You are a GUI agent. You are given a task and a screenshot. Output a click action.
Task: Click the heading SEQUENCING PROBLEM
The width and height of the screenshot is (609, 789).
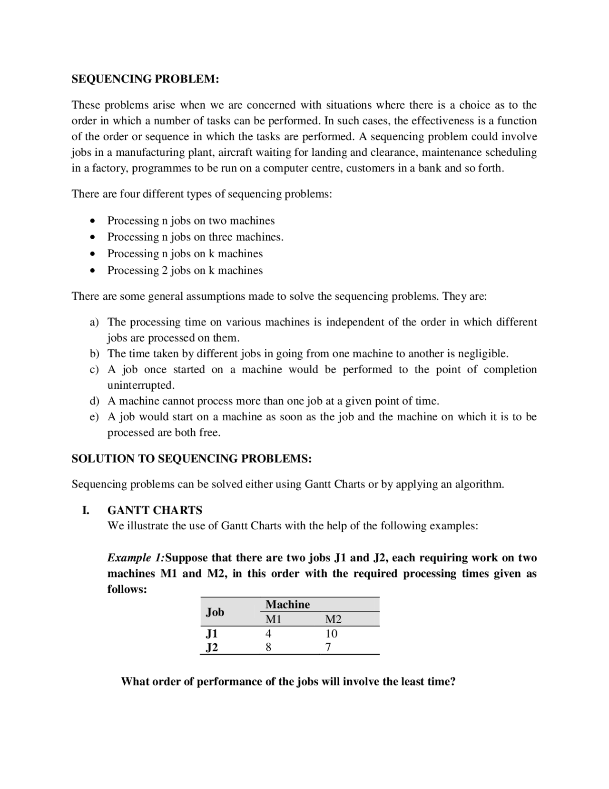pyautogui.click(x=145, y=79)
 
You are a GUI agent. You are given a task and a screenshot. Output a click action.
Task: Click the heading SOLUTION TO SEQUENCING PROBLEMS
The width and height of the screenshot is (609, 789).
pyautogui.click(x=191, y=459)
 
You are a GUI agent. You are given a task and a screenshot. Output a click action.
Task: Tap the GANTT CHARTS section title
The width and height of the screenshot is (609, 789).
pyautogui.click(x=155, y=510)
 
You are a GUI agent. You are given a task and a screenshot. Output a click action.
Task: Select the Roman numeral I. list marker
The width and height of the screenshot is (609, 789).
pyautogui.click(x=86, y=510)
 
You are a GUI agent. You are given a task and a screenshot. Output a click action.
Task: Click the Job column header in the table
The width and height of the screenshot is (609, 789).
pyautogui.click(x=215, y=612)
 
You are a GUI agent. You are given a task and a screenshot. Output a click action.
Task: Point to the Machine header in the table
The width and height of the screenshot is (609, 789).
pyautogui.click(x=287, y=605)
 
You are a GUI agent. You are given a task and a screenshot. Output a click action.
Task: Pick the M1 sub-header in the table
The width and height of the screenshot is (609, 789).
pyautogui.click(x=274, y=619)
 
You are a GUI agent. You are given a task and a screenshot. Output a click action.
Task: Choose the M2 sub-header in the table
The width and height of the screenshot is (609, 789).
pyautogui.click(x=333, y=619)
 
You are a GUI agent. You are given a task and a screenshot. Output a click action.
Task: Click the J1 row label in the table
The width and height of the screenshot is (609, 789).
pyautogui.click(x=212, y=634)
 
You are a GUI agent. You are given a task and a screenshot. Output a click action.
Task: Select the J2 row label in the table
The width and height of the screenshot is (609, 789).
pyautogui.click(x=212, y=647)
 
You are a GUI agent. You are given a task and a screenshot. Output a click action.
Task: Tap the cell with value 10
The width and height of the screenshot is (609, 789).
pyautogui.click(x=332, y=634)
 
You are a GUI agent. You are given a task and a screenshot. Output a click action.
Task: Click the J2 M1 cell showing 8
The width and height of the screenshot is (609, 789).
pyautogui.click(x=268, y=647)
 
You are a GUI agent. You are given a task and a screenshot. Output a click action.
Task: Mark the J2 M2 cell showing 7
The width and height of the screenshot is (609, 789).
pyautogui.click(x=328, y=647)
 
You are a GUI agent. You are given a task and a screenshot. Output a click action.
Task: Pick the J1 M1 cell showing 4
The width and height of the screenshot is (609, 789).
pyautogui.click(x=268, y=634)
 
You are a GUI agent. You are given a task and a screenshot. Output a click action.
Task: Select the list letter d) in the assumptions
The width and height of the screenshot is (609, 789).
pyautogui.click(x=95, y=401)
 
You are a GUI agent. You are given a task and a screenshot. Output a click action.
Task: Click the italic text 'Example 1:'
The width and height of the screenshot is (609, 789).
pyautogui.click(x=136, y=558)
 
